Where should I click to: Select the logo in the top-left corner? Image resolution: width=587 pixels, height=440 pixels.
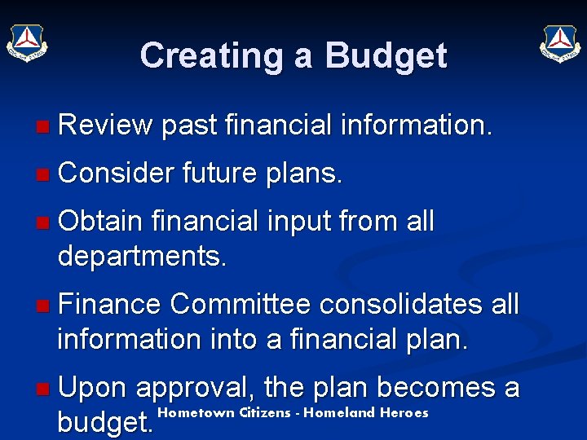coord(27,42)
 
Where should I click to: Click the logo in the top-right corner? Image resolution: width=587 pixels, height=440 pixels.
coord(559,42)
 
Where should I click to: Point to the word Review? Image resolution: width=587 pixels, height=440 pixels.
coord(105,125)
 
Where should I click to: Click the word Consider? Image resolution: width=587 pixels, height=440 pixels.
coord(117,173)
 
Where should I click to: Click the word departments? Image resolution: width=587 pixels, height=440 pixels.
coord(142,257)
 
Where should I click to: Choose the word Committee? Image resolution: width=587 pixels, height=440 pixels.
coord(241,304)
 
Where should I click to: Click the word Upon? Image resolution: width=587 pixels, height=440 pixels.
coord(93,388)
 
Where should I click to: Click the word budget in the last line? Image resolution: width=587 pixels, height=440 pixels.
coord(104,424)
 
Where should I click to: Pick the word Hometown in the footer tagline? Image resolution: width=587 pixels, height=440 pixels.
coord(196,412)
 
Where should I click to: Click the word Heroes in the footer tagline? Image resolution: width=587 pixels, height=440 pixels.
coord(403,412)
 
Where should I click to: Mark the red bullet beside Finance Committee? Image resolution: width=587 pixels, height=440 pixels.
coord(42,306)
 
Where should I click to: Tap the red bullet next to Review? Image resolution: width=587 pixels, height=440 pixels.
coord(42,126)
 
